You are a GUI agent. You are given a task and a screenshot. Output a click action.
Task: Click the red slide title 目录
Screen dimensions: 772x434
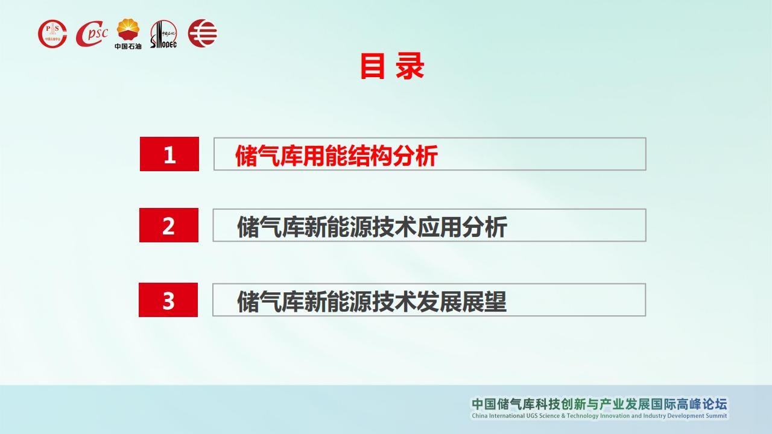pyautogui.click(x=392, y=66)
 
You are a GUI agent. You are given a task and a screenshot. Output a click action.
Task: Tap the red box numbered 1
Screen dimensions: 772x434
pyautogui.click(x=169, y=154)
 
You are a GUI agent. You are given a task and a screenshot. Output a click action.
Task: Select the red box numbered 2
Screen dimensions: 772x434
pyautogui.click(x=169, y=225)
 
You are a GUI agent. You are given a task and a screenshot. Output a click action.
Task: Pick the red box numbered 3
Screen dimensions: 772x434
pyautogui.click(x=168, y=300)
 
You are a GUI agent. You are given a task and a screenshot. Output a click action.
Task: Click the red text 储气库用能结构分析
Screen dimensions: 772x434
pyautogui.click(x=337, y=156)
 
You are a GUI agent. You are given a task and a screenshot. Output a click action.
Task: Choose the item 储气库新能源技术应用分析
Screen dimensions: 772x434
pyautogui.click(x=372, y=227)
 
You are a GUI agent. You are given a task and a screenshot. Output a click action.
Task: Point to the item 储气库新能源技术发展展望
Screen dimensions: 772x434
pyautogui.click(x=372, y=301)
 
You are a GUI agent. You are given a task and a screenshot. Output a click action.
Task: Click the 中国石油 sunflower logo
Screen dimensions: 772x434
pyautogui.click(x=128, y=30)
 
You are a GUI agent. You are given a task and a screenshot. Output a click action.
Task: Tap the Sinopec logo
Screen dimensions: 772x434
pyautogui.click(x=163, y=34)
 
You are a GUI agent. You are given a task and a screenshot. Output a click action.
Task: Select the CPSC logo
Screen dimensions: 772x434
pyautogui.click(x=92, y=33)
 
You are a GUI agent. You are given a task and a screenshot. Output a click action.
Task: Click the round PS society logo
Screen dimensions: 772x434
pyautogui.click(x=52, y=34)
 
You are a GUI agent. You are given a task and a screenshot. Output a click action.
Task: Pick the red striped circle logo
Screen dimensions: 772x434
pyautogui.click(x=203, y=33)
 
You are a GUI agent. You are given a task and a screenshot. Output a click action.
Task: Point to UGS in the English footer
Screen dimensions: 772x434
pyautogui.click(x=532, y=416)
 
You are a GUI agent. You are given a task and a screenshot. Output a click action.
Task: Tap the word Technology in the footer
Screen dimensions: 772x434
pyautogui.click(x=583, y=416)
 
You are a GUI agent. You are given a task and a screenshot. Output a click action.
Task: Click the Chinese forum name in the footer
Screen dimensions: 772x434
pyautogui.click(x=600, y=404)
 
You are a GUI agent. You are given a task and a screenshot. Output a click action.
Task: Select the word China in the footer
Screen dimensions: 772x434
pyautogui.click(x=479, y=416)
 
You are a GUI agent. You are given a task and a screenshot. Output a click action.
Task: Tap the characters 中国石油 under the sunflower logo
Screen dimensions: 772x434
pyautogui.click(x=128, y=46)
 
